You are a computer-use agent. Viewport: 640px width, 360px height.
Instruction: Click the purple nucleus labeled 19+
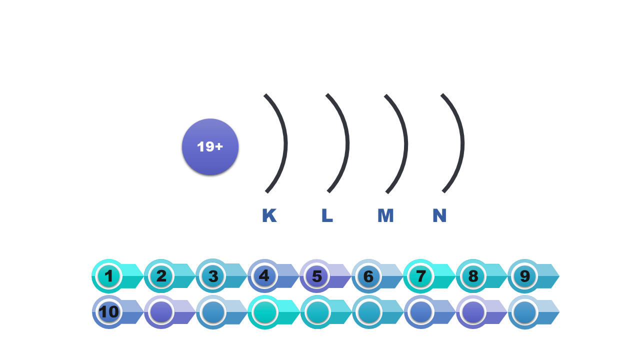(x=210, y=147)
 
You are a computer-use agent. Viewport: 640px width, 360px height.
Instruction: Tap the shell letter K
(x=269, y=215)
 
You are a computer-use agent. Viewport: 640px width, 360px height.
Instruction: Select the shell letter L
(x=327, y=215)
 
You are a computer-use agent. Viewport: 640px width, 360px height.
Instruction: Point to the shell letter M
(x=385, y=215)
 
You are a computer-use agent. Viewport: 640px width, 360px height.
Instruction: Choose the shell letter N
(x=439, y=215)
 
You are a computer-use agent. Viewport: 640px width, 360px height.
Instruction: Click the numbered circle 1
(x=109, y=276)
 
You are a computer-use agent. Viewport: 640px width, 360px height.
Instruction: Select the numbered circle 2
(x=161, y=276)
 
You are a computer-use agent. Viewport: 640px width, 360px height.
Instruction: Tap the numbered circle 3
(x=213, y=276)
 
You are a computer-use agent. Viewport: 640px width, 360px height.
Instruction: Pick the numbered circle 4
(x=264, y=276)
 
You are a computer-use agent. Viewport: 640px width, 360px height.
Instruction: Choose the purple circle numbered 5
(x=316, y=276)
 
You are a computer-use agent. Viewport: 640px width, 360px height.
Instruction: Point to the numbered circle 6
(x=368, y=276)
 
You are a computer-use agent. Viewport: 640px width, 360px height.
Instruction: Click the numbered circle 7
(x=420, y=276)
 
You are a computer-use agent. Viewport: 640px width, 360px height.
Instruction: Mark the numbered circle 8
(x=472, y=276)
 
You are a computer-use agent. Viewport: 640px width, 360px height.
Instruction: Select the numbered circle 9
(x=524, y=276)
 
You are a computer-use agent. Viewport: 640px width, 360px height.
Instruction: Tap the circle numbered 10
(x=109, y=312)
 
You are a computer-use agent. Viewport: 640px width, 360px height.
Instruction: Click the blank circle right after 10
(x=161, y=312)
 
